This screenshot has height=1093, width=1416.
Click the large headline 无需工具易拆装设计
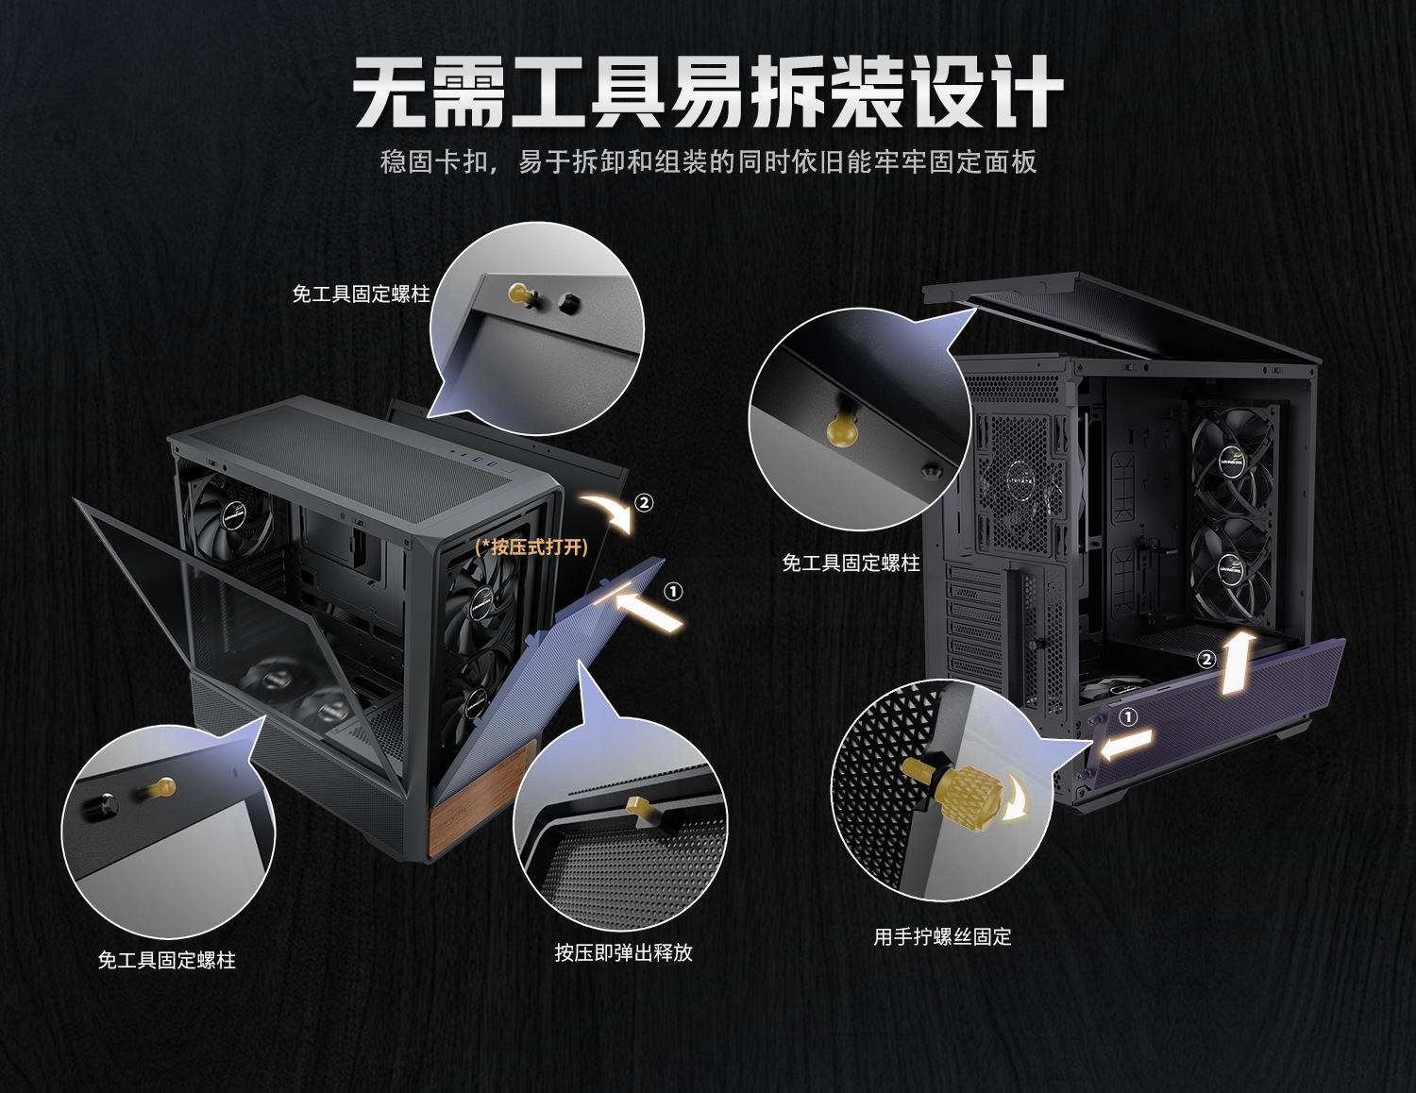point(708,92)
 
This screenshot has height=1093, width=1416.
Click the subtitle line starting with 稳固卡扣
point(708,162)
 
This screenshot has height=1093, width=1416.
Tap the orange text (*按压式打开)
point(531,547)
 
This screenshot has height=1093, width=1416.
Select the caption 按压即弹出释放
point(623,952)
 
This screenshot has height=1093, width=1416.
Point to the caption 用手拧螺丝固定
point(942,936)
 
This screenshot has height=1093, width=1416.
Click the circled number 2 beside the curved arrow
point(644,502)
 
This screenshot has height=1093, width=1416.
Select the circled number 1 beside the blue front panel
point(673,592)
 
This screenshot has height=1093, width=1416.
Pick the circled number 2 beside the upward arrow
point(1205,660)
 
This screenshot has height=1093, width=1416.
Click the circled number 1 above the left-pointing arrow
point(1127,716)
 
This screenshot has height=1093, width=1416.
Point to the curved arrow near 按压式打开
point(607,511)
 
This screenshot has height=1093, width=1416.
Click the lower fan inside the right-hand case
point(1231,566)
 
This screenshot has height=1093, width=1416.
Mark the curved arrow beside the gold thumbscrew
point(1016,799)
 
